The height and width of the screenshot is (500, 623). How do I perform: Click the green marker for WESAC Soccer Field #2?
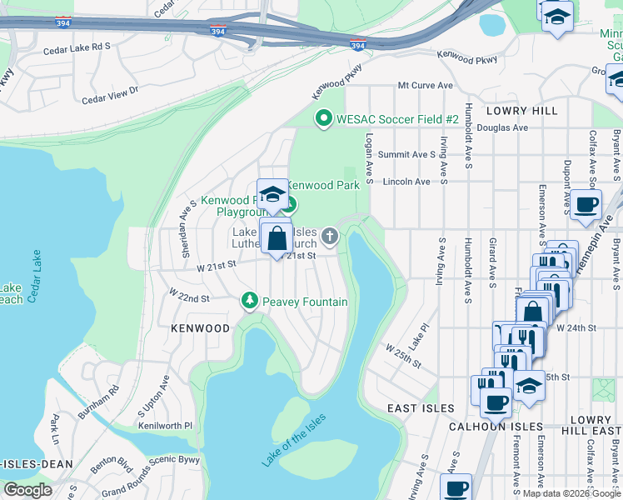(324, 119)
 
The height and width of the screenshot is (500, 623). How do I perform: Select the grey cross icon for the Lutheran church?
(330, 237)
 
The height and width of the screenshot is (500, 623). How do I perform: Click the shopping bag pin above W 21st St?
(277, 239)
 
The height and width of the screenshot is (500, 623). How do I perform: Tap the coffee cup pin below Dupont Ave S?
(586, 205)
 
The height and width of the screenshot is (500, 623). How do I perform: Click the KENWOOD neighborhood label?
(200, 328)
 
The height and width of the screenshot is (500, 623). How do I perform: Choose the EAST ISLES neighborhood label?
(421, 408)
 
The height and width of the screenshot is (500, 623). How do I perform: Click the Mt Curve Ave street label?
(425, 85)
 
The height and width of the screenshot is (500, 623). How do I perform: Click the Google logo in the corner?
(27, 490)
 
